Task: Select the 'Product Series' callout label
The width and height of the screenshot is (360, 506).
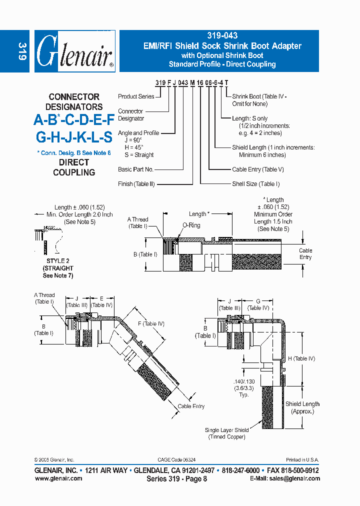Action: pyautogui.click(x=136, y=96)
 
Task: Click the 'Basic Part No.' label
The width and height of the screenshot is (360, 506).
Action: pyautogui.click(x=135, y=169)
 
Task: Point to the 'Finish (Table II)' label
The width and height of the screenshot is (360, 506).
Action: pyautogui.click(x=136, y=184)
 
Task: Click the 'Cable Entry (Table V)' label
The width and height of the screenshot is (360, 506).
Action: pyautogui.click(x=257, y=169)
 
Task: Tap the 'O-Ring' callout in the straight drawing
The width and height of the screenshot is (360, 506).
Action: pyautogui.click(x=191, y=225)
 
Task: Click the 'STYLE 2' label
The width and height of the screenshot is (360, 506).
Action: pyautogui.click(x=58, y=261)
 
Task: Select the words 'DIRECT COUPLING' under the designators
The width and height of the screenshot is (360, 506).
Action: pyautogui.click(x=74, y=167)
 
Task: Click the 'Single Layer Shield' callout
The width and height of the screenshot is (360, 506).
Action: pyautogui.click(x=226, y=430)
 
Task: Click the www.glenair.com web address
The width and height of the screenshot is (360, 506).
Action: pyautogui.click(x=58, y=478)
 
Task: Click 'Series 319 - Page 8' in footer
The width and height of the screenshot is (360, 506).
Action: pyautogui.click(x=176, y=478)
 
